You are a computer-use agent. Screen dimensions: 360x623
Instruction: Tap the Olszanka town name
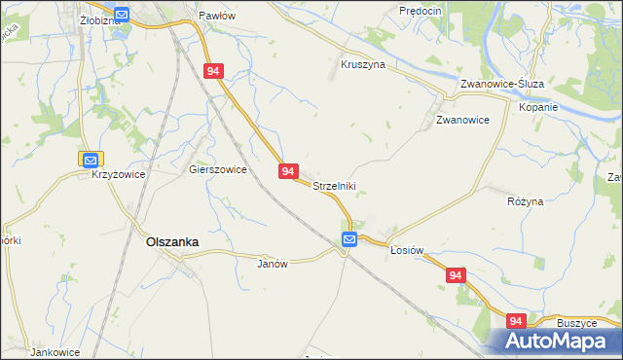(x=172, y=242)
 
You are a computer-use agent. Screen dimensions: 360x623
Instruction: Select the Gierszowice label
(x=217, y=168)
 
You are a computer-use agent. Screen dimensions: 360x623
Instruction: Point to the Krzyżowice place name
(x=119, y=174)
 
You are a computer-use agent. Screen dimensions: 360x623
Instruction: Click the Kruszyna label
(x=363, y=64)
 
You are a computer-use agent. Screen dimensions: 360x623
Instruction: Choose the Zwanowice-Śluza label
(x=501, y=84)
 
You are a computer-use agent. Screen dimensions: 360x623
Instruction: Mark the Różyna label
(x=526, y=200)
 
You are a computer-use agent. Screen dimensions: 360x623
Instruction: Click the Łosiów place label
(x=407, y=249)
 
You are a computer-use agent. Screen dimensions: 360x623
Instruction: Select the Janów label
(x=274, y=264)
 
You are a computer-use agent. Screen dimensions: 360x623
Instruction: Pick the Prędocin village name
(x=421, y=11)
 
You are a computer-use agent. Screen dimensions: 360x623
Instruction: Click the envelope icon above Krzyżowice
(x=90, y=159)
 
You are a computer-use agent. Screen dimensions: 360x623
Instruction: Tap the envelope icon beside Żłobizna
(x=122, y=14)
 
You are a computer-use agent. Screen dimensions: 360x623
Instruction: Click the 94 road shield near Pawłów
(x=215, y=71)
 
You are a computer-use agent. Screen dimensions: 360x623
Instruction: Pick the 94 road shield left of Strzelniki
(x=288, y=170)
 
